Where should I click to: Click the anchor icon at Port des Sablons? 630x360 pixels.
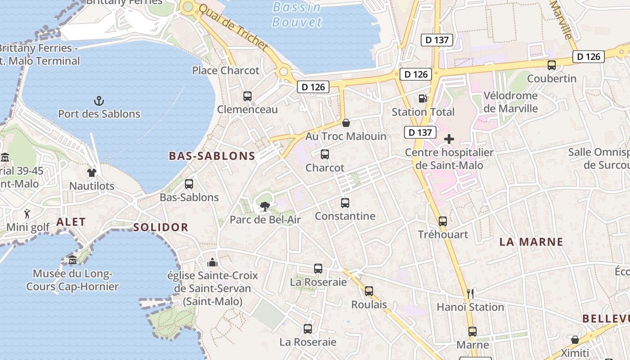coord(99,100)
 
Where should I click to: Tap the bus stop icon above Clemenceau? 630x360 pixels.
coord(247,96)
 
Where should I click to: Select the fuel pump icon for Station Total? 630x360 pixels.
coord(422,98)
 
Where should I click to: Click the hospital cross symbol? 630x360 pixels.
coord(449,139)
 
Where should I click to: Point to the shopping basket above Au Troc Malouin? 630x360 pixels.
coord(346,122)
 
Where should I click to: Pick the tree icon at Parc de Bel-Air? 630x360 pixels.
coord(265,207)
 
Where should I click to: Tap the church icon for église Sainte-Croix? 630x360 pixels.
coord(212,262)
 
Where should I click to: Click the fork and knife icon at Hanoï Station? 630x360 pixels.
coord(470,294)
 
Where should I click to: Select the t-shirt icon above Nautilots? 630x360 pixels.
coord(92,172)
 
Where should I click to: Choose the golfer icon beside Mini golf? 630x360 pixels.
coord(27,213)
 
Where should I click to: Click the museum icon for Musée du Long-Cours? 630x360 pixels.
coord(72,260)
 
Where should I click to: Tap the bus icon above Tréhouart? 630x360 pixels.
coord(443,221)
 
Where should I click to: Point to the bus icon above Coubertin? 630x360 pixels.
coord(552,65)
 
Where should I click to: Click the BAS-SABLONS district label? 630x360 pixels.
coord(212,156)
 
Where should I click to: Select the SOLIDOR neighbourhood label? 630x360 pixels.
coord(161,227)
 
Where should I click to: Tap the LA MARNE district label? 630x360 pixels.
coord(531,242)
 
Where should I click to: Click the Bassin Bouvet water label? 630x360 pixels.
coord(297,14)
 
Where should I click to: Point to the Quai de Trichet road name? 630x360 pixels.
coord(233,27)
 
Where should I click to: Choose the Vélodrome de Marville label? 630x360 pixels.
coord(511,102)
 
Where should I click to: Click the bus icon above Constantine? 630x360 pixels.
coord(345,202)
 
